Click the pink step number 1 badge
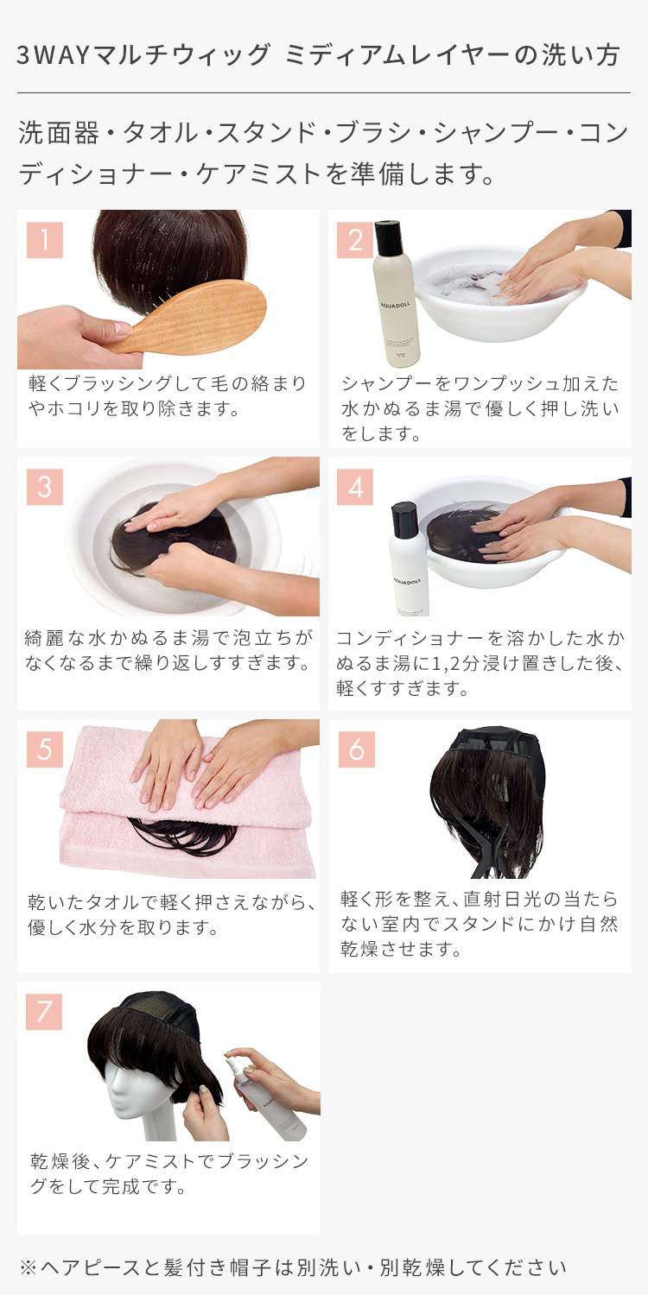pyautogui.click(x=45, y=240)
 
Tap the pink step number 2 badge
pyautogui.click(x=355, y=240)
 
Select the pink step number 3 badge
pyautogui.click(x=45, y=487)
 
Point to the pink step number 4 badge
pyautogui.click(x=355, y=487)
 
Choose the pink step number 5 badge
pyautogui.click(x=45, y=749)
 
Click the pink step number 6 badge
pyautogui.click(x=356, y=749)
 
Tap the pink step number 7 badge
pyautogui.click(x=44, y=1012)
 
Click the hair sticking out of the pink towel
pyautogui.click(x=184, y=836)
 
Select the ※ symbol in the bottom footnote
pyautogui.click(x=29, y=1268)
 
